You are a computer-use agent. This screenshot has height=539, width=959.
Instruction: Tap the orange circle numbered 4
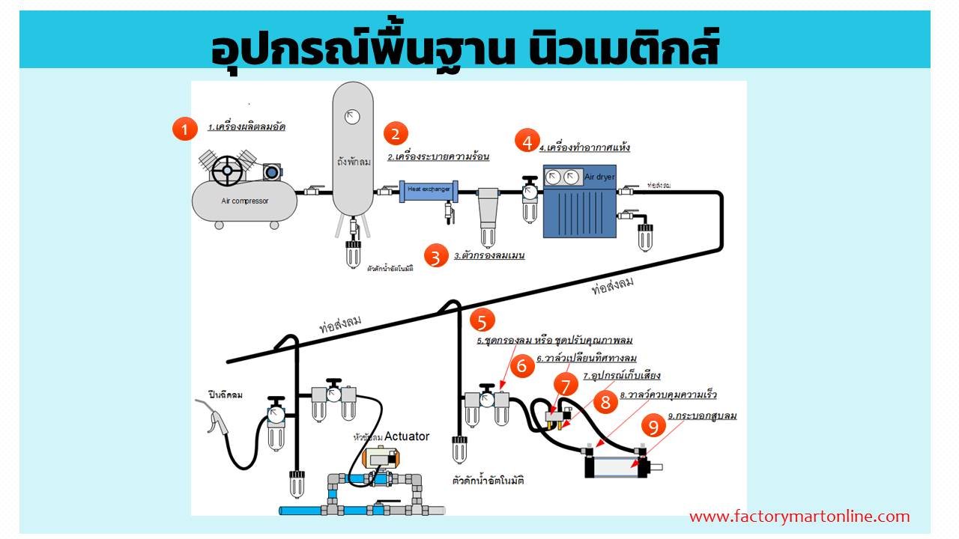point(527,141)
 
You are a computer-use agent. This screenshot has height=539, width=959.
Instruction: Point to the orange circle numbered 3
point(435,256)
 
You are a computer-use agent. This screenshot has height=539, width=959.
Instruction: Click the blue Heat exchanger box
point(429,190)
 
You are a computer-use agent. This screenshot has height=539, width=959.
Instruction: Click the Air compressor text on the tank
point(244,201)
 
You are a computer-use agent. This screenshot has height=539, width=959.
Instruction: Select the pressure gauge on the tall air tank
point(352,116)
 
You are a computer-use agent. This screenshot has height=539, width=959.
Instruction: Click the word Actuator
point(407,436)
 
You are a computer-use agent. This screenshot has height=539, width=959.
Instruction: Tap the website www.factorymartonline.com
point(799,517)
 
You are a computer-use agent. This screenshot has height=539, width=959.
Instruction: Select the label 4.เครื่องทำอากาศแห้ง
point(588,147)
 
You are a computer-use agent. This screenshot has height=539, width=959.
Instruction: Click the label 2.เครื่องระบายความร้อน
point(438,157)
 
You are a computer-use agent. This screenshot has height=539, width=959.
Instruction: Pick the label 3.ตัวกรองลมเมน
point(488,255)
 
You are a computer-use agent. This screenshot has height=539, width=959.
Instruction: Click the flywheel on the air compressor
point(226,171)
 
